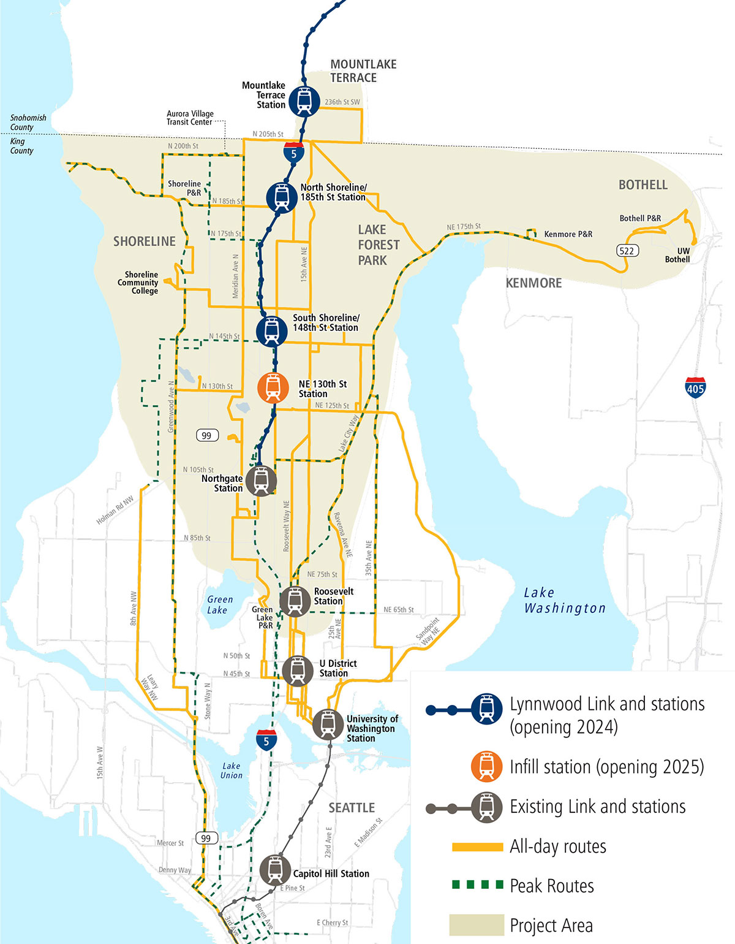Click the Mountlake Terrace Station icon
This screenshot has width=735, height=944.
click(x=304, y=101)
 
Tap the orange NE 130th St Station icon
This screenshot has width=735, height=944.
click(x=273, y=387)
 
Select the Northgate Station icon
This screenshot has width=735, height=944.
click(x=262, y=480)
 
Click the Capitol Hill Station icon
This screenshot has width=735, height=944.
click(x=275, y=870)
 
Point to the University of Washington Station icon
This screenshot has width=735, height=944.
click(x=328, y=725)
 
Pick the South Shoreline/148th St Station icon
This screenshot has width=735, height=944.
click(x=272, y=330)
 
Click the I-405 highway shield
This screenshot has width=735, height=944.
click(x=695, y=387)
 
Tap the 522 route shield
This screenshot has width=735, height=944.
click(x=627, y=250)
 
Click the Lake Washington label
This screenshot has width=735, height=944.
click(x=564, y=600)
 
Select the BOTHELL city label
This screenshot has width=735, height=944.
click(x=643, y=185)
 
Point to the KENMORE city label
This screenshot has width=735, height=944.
click(x=533, y=283)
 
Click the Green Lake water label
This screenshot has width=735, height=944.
click(x=219, y=604)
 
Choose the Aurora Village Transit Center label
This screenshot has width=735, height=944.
click(x=190, y=118)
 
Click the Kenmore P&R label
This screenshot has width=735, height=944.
click(x=568, y=234)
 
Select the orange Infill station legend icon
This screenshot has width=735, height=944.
click(x=486, y=766)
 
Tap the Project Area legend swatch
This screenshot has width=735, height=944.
click(x=476, y=925)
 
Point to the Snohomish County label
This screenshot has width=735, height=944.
click(x=28, y=122)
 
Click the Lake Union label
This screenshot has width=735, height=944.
click(x=232, y=771)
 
